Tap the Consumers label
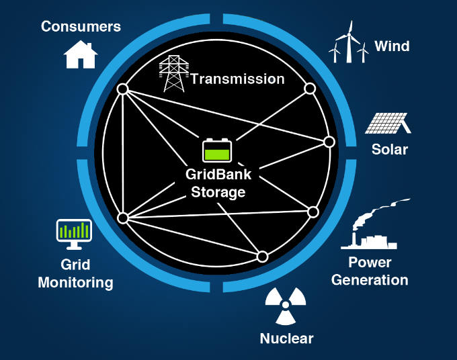coord(81,27)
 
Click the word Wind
coord(392,46)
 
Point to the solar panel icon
coord(388,123)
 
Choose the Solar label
coord(390,149)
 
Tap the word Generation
coord(370,279)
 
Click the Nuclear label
coord(286,338)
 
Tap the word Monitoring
coord(75,282)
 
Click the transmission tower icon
coord(173,73)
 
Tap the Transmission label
coord(237,79)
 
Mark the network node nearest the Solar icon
coord(329,142)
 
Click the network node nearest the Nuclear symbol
coord(262,257)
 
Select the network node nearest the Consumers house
coord(122,89)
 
